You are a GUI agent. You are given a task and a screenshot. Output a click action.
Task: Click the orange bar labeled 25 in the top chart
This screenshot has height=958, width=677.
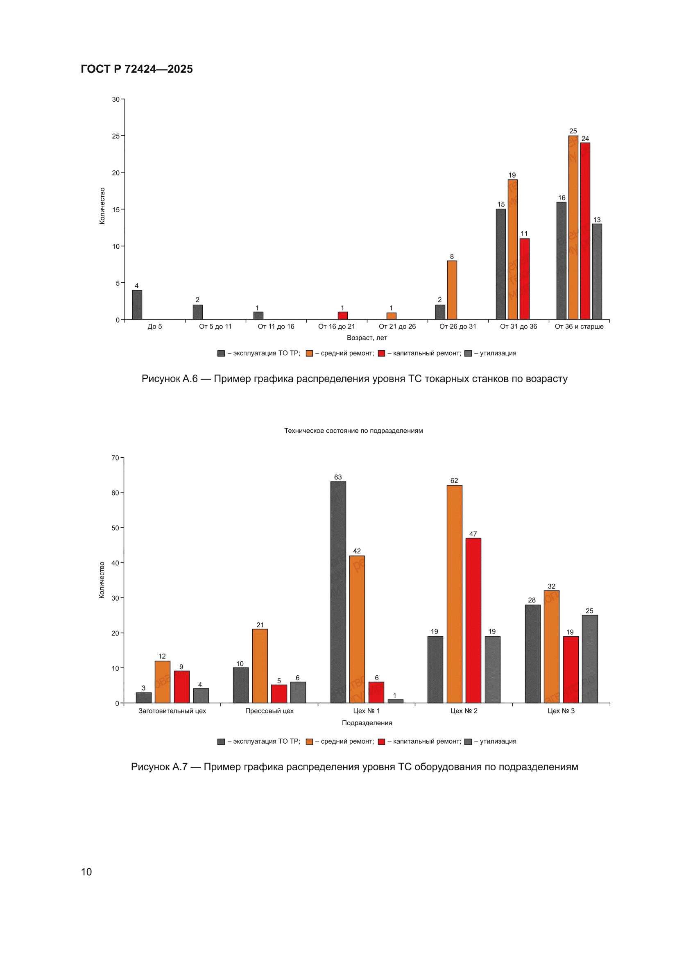573,227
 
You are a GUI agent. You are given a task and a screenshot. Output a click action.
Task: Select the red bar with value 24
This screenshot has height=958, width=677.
585,231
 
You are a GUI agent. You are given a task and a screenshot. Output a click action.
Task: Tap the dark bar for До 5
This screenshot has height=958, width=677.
137,304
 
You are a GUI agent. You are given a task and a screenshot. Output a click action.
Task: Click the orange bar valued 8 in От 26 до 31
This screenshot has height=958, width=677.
452,290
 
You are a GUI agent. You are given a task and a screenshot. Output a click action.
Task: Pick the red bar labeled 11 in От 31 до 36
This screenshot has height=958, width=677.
524,279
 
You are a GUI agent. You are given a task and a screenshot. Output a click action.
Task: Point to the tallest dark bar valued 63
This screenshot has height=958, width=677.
338,592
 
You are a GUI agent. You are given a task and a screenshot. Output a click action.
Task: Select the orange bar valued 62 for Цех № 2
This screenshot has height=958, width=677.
454,594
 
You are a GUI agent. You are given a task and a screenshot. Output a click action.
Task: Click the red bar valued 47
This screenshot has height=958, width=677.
473,620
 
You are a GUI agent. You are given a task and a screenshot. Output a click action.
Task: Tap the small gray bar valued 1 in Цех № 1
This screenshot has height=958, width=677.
396,701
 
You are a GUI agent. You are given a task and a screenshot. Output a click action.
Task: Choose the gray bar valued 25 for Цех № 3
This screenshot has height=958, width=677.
590,659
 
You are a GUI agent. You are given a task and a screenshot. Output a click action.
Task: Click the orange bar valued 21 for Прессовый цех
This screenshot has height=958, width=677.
260,666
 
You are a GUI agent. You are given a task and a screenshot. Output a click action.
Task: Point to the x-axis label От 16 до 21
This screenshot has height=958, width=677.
337,326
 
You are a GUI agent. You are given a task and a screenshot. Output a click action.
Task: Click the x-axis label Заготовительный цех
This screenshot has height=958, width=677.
172,711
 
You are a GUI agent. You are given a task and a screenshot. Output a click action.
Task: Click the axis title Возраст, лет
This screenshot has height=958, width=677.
367,338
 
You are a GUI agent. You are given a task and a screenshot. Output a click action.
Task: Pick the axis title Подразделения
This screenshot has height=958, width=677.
367,723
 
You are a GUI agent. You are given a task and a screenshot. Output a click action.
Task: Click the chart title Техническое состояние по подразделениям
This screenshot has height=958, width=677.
354,431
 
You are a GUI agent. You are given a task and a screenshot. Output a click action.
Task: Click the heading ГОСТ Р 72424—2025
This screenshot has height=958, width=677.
137,69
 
